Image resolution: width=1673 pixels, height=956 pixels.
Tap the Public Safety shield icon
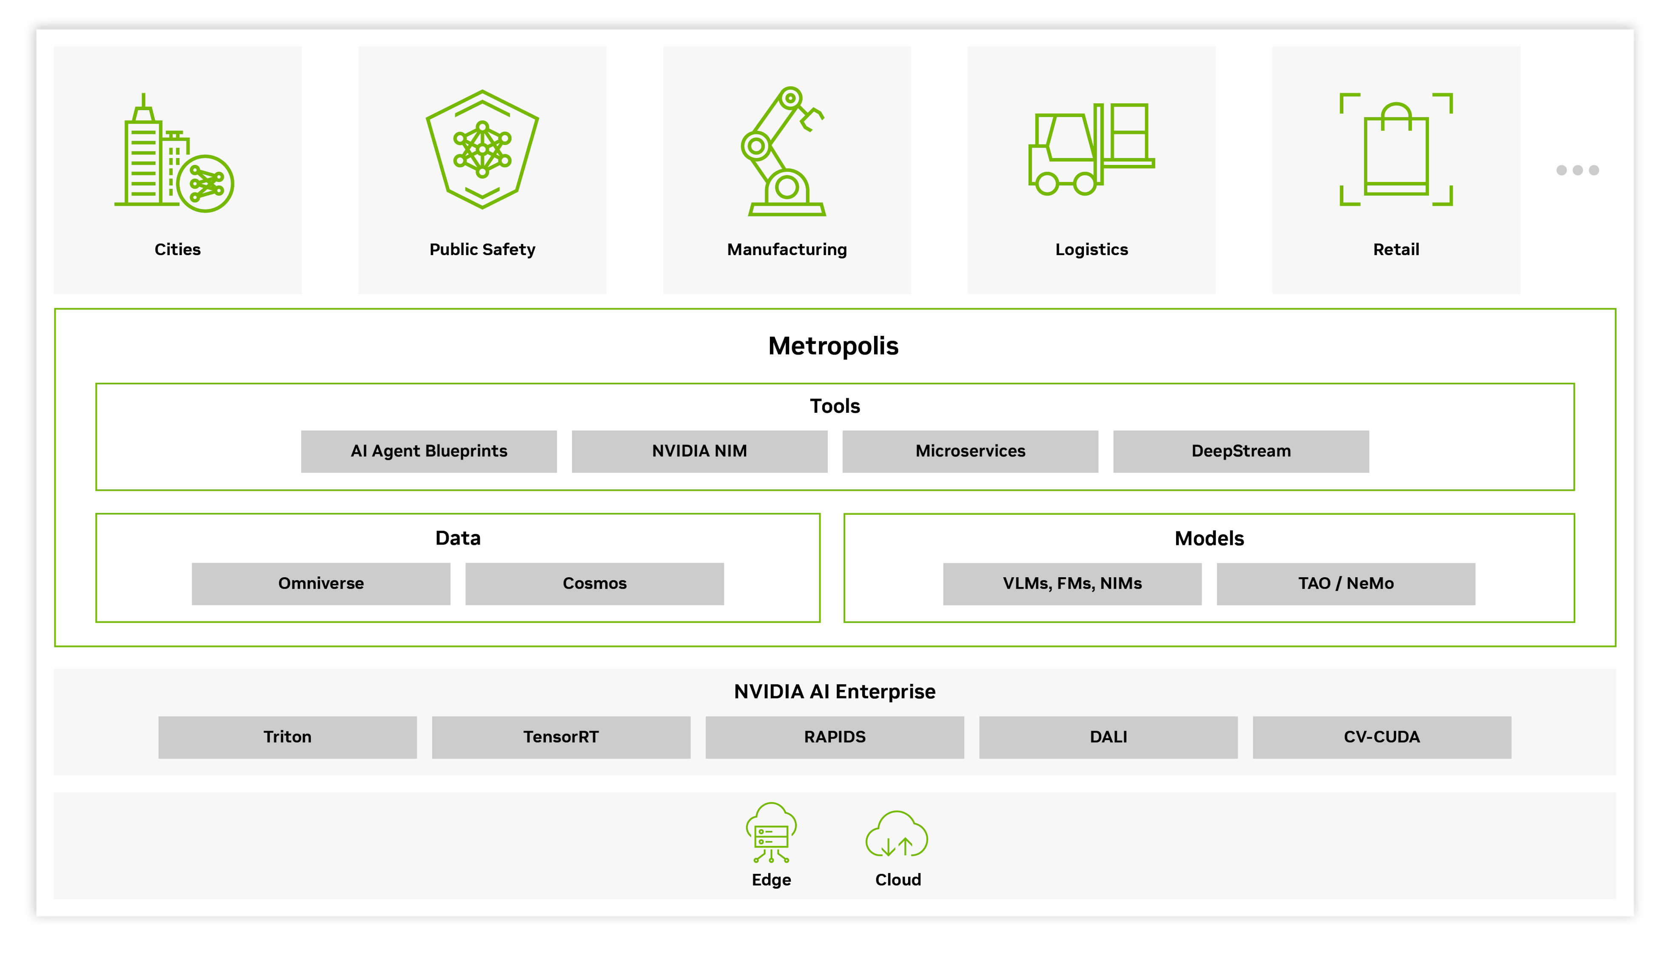[482, 150]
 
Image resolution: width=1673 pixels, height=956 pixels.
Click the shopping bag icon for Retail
[1396, 150]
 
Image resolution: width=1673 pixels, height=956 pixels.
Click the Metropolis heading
[833, 346]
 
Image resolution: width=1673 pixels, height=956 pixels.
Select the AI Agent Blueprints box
[429, 451]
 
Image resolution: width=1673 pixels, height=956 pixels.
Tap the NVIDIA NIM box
[700, 451]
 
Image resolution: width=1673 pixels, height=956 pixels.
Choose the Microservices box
[970, 451]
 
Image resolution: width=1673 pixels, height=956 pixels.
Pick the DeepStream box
[1241, 451]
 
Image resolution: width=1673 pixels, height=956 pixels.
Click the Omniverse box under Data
[321, 583]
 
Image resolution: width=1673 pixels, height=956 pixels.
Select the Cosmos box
[594, 583]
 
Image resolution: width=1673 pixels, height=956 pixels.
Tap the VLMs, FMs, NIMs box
[1072, 583]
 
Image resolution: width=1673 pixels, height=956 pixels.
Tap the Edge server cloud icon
[771, 833]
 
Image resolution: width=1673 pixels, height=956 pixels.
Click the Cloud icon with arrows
[897, 835]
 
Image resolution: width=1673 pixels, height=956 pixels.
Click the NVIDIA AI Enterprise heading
[834, 692]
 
